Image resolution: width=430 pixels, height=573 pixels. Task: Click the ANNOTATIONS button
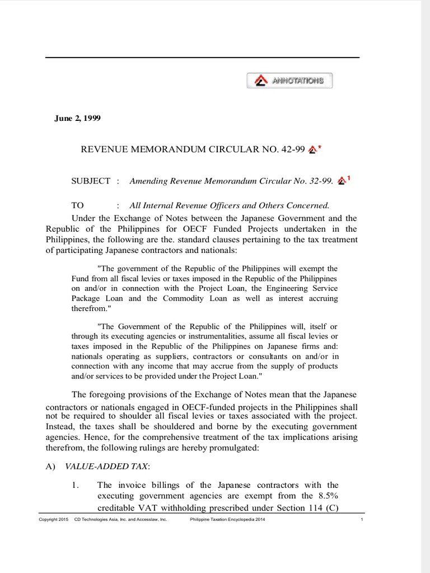point(289,81)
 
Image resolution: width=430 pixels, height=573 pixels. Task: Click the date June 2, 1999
point(77,118)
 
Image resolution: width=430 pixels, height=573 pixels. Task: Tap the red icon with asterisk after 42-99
point(315,149)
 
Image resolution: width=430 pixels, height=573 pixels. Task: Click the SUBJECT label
point(91,181)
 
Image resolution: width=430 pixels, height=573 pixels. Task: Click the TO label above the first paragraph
point(77,205)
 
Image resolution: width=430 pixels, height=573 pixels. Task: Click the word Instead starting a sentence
point(60,427)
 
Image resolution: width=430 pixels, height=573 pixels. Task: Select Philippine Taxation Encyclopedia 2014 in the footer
point(228,520)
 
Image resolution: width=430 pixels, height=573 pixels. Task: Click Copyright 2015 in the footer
point(53,520)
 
